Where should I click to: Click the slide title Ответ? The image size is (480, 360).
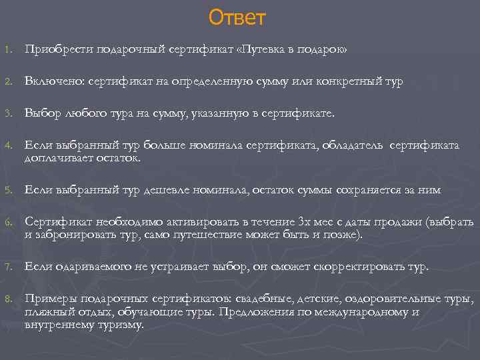click(237, 17)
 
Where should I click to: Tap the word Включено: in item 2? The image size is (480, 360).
click(51, 81)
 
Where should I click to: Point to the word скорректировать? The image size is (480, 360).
click(376, 267)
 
